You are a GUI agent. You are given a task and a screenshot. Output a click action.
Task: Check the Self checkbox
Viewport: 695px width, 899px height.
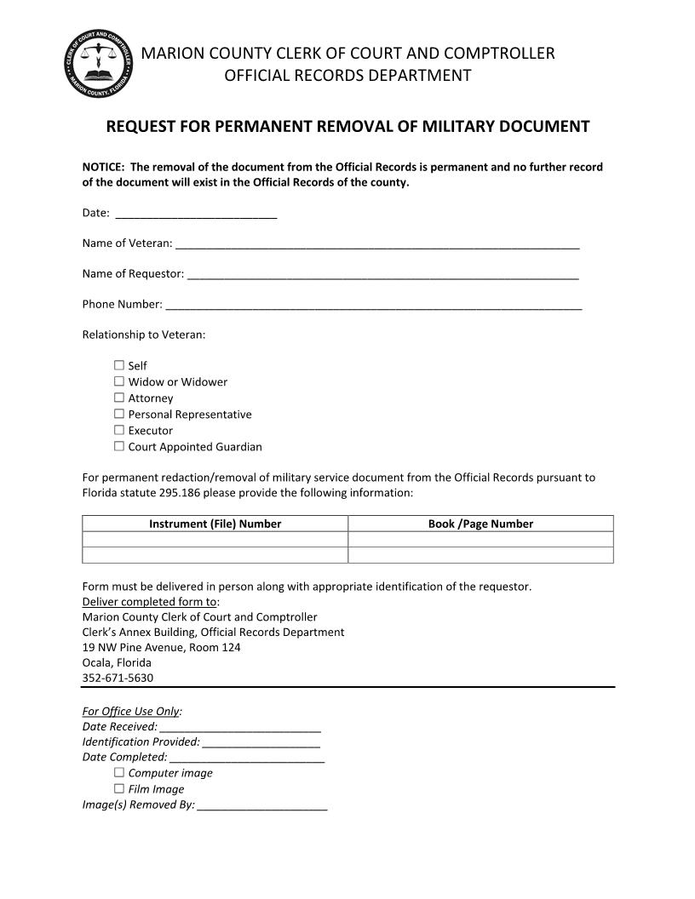[119, 365]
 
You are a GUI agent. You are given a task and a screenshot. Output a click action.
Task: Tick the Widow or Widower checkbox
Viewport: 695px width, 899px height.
[119, 381]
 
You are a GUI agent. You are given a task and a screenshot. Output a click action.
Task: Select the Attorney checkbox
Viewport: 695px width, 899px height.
[119, 398]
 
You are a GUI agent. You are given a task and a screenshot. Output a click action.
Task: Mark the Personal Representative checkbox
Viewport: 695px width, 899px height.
[119, 414]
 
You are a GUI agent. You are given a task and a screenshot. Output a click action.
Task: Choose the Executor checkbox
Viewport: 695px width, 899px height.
[119, 430]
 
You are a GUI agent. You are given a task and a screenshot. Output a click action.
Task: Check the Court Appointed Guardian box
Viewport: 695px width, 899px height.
[119, 446]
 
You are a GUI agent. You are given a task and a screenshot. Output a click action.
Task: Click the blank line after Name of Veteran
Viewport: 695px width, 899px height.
[377, 243]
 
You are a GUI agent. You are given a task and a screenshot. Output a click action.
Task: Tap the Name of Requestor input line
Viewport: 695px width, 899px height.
[382, 274]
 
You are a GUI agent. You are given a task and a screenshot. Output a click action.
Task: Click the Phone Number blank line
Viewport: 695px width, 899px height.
[373, 305]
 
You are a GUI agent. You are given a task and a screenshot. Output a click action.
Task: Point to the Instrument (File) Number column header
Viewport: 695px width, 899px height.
[215, 524]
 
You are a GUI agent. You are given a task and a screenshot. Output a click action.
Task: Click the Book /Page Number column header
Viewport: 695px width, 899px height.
[480, 524]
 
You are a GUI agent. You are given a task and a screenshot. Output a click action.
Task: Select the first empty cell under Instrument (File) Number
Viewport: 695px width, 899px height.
[215, 540]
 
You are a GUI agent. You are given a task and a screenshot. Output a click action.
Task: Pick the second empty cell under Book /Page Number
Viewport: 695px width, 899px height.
[480, 555]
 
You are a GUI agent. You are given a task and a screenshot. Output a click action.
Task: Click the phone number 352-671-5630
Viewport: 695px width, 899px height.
[118, 679]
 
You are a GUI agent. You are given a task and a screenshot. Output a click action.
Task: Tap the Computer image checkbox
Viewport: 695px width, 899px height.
[119, 773]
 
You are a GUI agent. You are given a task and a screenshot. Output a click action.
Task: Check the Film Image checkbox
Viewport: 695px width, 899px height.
[119, 789]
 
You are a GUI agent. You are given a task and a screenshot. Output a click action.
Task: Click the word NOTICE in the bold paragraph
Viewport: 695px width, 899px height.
[102, 167]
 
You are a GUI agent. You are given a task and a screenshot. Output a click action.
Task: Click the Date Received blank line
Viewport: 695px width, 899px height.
[239, 727]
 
